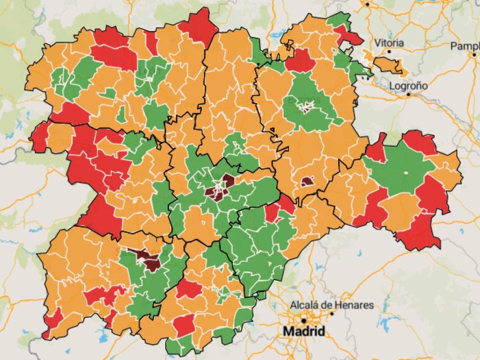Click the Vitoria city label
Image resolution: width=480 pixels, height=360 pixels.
coord(389,43)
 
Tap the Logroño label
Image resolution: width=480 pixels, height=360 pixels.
coord(409,86)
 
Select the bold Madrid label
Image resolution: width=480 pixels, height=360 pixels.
coord(304,331)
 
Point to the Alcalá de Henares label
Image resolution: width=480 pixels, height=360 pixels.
coord(331,305)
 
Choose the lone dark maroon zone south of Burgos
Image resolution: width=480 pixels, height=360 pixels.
coord(307,182)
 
